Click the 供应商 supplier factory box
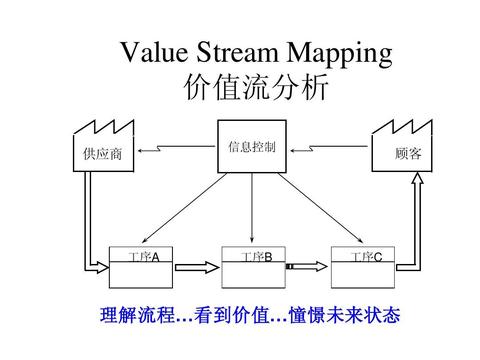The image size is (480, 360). pos(100,152)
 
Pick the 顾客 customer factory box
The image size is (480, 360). pos(406,152)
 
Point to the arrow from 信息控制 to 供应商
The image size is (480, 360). pos(176,151)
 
